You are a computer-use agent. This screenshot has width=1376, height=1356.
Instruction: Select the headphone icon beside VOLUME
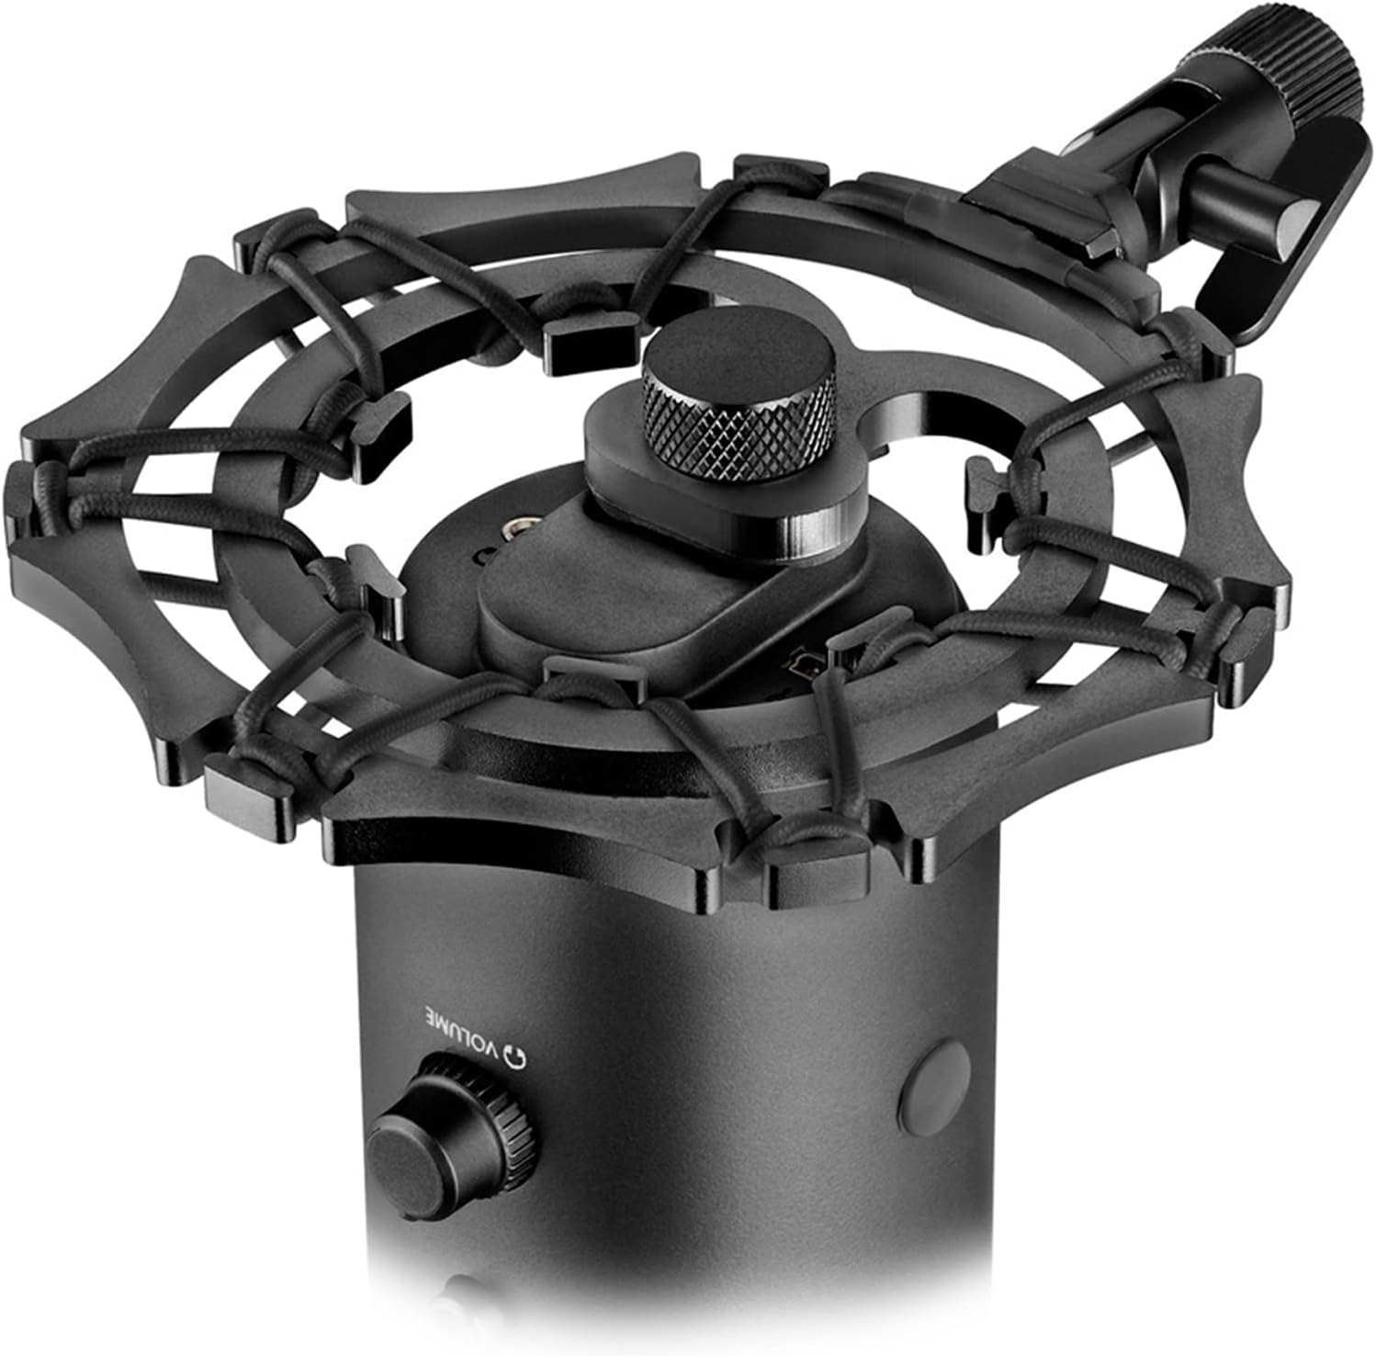(520, 1058)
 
